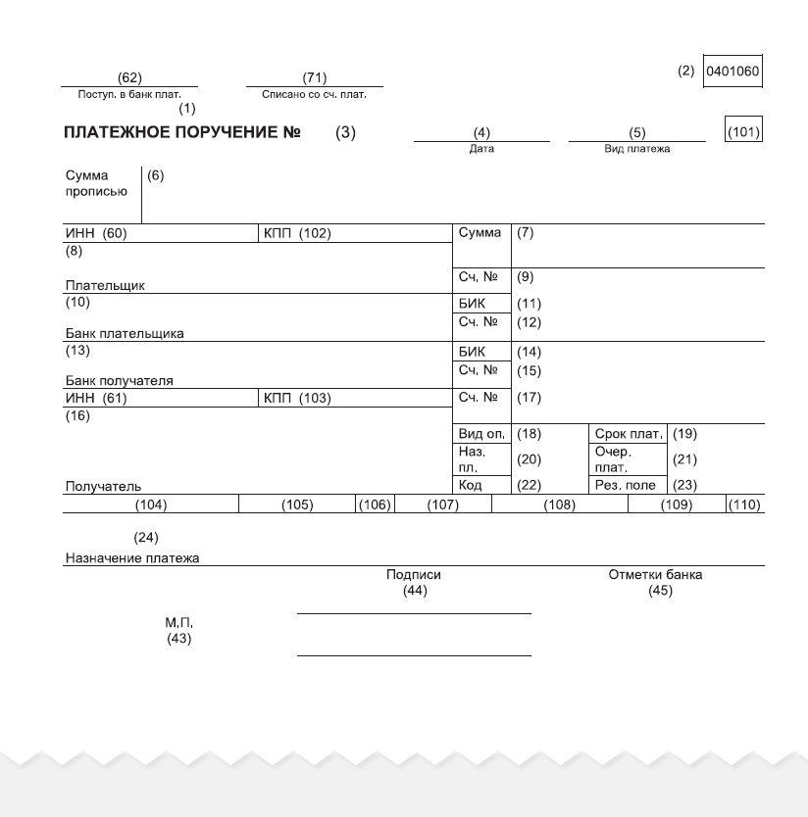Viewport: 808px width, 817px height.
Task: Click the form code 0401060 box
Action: click(x=732, y=72)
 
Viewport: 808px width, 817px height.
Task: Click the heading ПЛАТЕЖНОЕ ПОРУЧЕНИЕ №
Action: click(x=181, y=132)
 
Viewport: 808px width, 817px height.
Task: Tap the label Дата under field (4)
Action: click(x=481, y=149)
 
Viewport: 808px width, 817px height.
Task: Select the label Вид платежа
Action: click(x=636, y=149)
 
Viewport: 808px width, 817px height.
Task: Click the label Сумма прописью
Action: click(x=96, y=184)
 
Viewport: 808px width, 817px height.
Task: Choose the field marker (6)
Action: click(x=156, y=175)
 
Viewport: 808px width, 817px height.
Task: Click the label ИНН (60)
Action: click(x=96, y=233)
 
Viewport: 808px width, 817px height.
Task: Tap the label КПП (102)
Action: click(x=297, y=233)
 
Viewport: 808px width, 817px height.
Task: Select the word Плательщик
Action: click(x=105, y=285)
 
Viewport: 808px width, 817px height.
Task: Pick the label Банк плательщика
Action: click(x=125, y=333)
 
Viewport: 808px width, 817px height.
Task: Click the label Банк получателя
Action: click(x=119, y=380)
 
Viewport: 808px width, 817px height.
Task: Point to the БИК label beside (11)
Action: click(x=472, y=304)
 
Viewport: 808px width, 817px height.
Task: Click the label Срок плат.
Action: click(x=629, y=434)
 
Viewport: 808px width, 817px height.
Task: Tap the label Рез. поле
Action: click(x=625, y=485)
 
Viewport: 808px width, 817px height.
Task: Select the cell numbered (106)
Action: click(x=374, y=505)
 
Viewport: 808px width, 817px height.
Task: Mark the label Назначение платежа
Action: click(x=131, y=558)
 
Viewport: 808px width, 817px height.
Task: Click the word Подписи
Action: click(x=413, y=575)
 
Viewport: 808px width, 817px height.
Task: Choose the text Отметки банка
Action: click(x=655, y=575)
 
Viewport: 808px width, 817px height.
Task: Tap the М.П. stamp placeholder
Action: click(x=178, y=623)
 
